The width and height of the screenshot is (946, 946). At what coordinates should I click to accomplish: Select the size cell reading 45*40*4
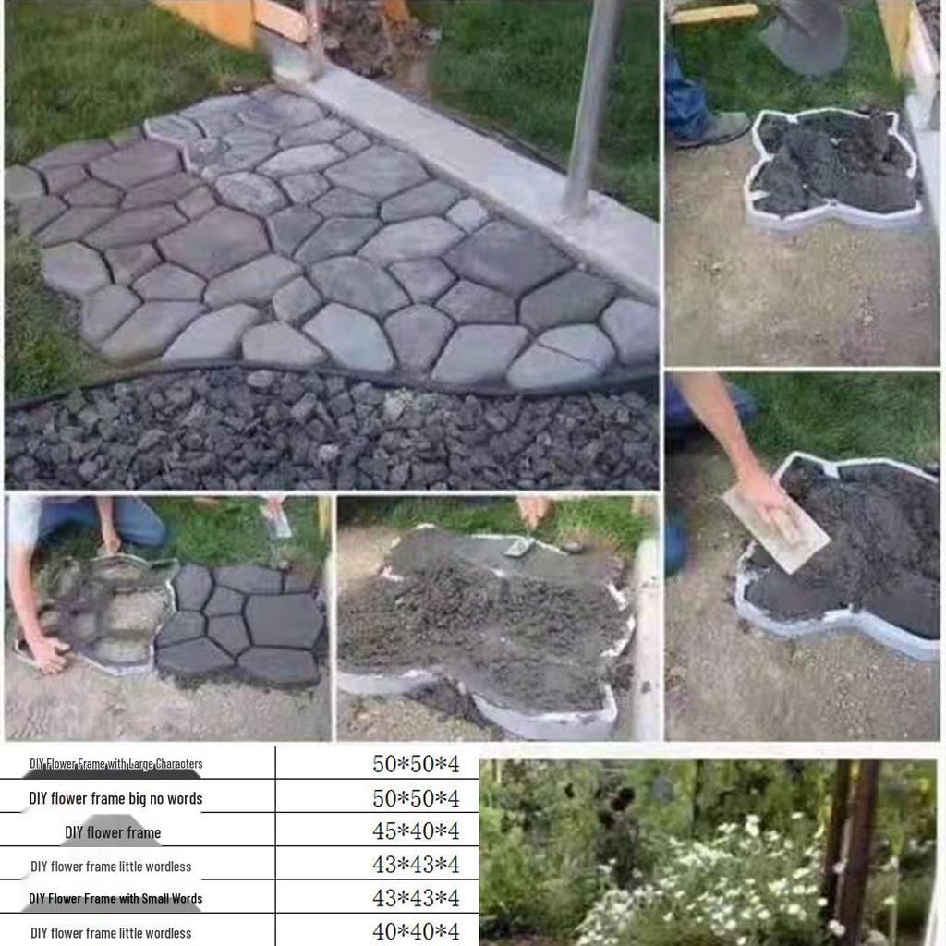(415, 831)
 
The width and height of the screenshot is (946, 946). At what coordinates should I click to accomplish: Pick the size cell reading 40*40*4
(415, 931)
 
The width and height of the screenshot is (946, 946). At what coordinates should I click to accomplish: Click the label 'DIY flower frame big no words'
(115, 798)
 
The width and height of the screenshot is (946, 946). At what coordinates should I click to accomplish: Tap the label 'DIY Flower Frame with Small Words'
(115, 898)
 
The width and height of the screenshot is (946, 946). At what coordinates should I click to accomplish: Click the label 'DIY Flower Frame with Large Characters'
(115, 764)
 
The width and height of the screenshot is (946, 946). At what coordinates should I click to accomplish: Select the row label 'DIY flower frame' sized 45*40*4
(113, 832)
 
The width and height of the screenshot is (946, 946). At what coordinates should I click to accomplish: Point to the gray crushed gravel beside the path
(323, 434)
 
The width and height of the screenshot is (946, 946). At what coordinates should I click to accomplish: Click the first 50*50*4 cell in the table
(415, 764)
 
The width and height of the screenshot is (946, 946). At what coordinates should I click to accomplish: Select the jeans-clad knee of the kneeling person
(139, 527)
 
